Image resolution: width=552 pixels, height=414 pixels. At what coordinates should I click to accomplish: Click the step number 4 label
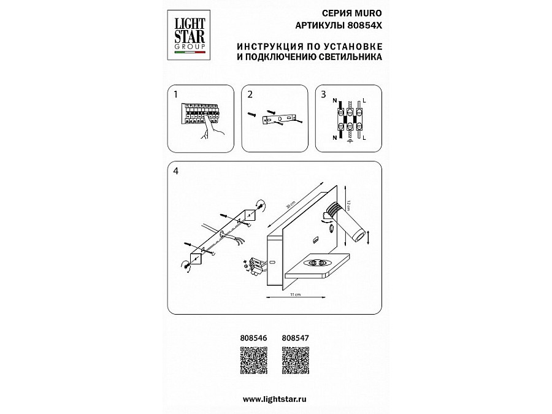tap(177, 171)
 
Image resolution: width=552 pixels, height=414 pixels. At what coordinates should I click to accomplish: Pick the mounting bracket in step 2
tap(278, 118)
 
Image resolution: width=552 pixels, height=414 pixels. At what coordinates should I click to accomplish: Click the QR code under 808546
tap(251, 361)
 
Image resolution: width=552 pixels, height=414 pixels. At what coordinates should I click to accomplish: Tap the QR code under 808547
tap(296, 361)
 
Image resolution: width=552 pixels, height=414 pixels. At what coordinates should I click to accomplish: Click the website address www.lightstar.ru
tap(274, 399)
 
